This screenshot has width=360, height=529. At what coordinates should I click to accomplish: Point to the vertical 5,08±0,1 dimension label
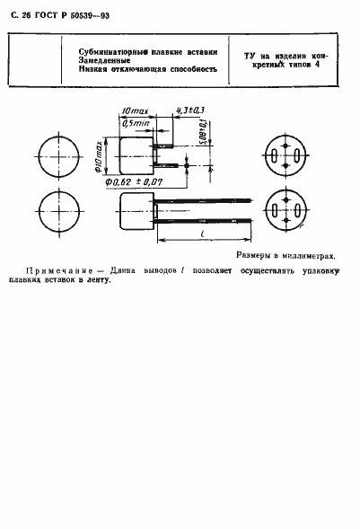[x=206, y=141]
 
